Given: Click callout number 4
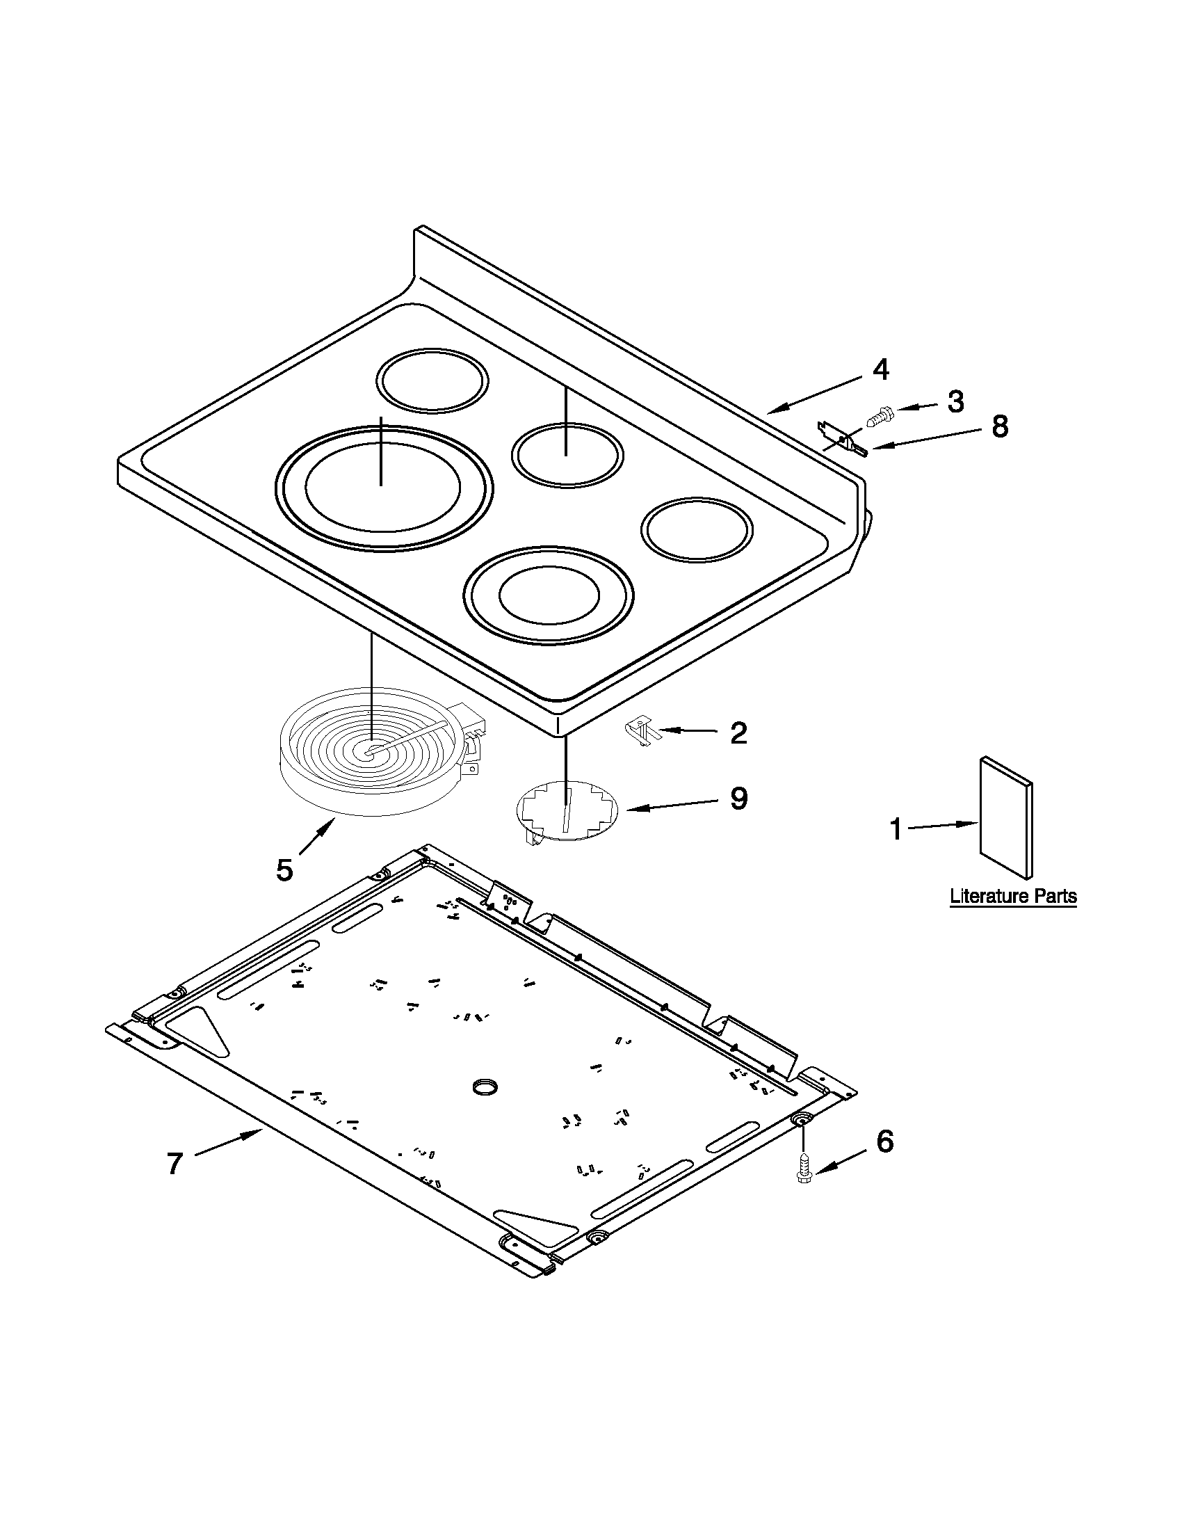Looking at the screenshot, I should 881,370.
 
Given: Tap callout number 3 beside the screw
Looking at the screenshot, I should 956,401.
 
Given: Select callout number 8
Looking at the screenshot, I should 1000,426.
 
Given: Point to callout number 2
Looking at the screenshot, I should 738,733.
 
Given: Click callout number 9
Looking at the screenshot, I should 738,799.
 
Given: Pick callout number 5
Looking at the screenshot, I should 284,870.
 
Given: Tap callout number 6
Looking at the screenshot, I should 885,1142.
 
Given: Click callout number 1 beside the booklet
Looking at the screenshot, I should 895,829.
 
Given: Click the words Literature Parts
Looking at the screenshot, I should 1012,896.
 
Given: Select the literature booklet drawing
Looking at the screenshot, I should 1005,817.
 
